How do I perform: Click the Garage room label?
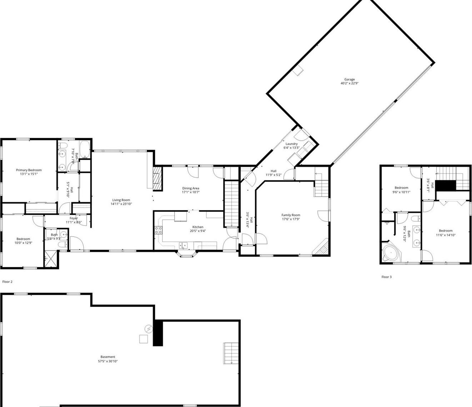(349, 79)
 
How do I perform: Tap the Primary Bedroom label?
(29, 170)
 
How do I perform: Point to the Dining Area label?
(191, 188)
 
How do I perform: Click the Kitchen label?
(198, 227)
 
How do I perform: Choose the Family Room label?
(291, 215)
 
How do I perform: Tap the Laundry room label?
(291, 144)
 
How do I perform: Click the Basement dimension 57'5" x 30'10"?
(108, 361)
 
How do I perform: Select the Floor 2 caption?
(7, 282)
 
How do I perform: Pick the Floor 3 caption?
(386, 277)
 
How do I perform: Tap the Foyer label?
(74, 218)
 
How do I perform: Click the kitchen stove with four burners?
(158, 230)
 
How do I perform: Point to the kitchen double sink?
(184, 245)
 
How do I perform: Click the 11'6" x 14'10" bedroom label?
(446, 230)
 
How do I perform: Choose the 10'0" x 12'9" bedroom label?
(23, 239)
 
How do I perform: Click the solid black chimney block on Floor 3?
(446, 186)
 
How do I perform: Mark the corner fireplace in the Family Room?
(322, 247)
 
